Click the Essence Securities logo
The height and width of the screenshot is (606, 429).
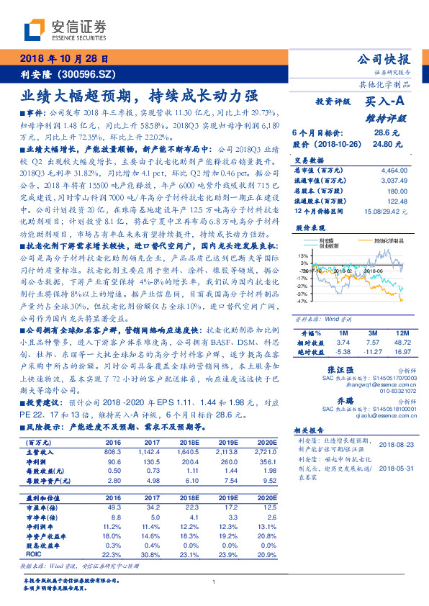pyautogui.click(x=66, y=31)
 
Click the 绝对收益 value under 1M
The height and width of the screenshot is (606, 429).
pyautogui.click(x=342, y=352)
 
